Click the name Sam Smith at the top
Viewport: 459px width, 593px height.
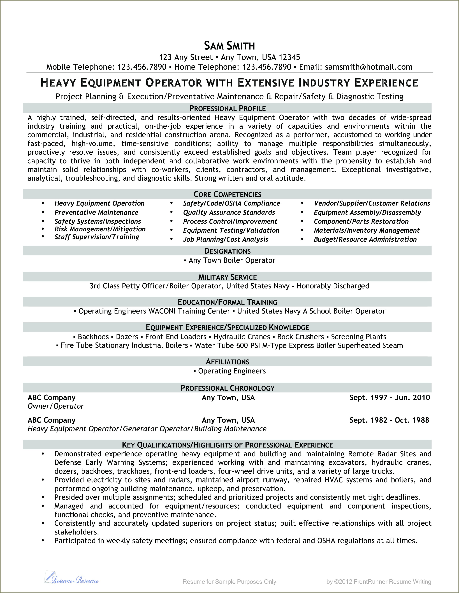coord(229,46)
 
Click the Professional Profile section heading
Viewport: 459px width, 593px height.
coord(228,108)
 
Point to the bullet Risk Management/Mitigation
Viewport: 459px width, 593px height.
coord(100,229)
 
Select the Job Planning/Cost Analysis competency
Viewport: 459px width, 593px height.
coord(226,239)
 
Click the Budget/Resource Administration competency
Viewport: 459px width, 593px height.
coord(365,239)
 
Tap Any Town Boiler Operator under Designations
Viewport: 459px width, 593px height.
coord(231,260)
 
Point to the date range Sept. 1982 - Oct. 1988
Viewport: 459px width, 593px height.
coord(389,420)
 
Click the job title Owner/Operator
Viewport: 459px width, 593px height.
coord(56,406)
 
